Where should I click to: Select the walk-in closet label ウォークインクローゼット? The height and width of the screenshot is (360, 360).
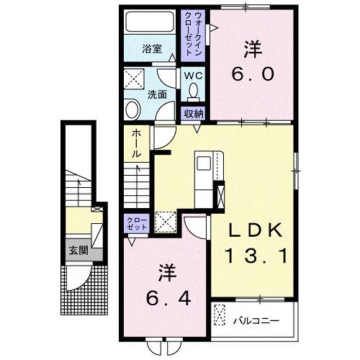tap(193, 35)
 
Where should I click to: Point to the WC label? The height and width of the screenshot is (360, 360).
tap(192, 74)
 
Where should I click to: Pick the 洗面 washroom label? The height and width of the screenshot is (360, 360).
tap(157, 94)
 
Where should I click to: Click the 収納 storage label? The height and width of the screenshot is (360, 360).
tap(192, 112)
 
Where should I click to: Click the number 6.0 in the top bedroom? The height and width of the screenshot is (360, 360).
tap(251, 74)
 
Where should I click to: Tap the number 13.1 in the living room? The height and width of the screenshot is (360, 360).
tap(251, 256)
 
